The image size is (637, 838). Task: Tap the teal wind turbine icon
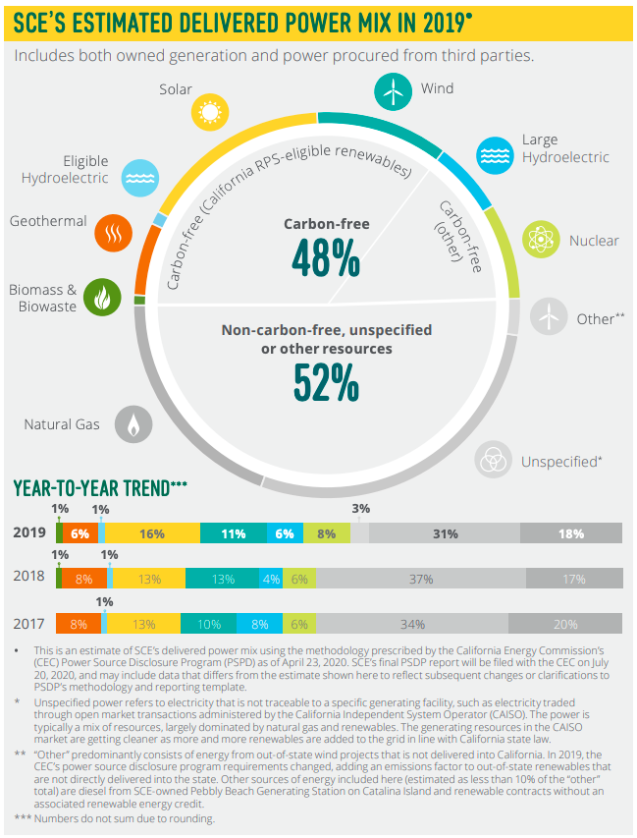(392, 91)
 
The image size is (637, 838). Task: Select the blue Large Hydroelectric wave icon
(494, 152)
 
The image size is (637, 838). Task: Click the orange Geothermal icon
(113, 234)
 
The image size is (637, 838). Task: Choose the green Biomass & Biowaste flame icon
(102, 296)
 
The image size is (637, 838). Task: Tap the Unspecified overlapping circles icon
(494, 459)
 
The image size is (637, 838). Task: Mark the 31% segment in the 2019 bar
(445, 533)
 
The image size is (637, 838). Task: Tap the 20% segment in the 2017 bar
(564, 624)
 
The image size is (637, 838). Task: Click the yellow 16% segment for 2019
(152, 533)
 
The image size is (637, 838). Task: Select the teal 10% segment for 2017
(209, 624)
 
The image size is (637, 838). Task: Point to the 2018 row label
(28, 576)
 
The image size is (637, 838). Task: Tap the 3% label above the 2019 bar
(360, 509)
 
